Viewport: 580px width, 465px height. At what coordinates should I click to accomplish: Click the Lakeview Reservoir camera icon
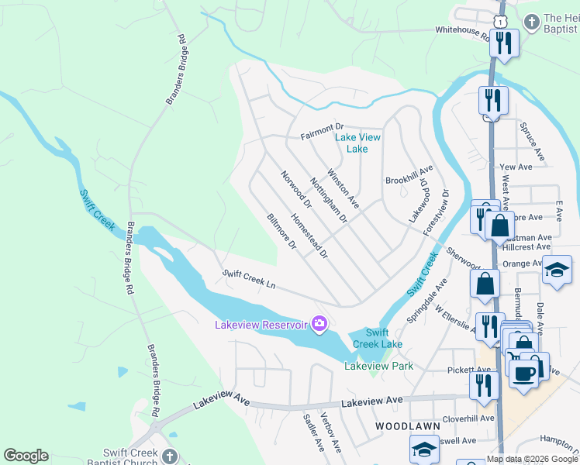pos(318,323)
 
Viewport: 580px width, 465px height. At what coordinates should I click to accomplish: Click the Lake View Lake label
pos(357,143)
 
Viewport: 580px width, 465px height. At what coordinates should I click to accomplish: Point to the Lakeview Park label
pos(378,366)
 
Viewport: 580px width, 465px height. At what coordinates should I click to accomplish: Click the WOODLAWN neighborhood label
pos(407,426)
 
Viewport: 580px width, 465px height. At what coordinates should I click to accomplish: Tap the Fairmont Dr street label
pos(322,127)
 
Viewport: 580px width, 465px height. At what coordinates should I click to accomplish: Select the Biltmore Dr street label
pos(281,232)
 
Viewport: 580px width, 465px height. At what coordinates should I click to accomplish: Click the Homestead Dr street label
pos(309,236)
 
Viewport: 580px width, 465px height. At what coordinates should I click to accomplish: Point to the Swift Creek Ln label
pos(249,279)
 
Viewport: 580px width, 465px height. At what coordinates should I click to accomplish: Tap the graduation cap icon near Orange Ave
pos(557,270)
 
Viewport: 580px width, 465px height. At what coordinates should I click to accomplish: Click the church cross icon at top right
pos(532,21)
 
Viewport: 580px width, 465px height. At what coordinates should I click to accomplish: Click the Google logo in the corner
pos(26,456)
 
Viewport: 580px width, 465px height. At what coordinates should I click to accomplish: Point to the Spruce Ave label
pos(532,141)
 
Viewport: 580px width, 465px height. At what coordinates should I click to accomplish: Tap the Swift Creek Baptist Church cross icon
pos(170,456)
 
